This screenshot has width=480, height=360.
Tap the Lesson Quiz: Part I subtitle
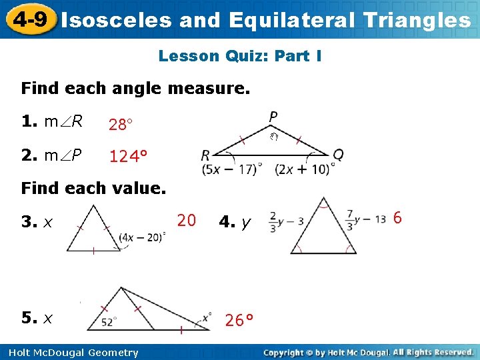240,56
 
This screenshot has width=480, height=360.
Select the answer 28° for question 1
122,125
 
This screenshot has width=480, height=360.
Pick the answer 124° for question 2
128,157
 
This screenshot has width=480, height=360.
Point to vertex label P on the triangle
273,117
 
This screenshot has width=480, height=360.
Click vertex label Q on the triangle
338,155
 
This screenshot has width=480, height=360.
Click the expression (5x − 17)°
233,169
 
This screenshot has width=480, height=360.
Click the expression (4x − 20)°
141,235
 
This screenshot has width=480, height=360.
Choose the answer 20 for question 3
187,220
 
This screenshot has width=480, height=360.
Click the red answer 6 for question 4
397,218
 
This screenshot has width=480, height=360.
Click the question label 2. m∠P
52,156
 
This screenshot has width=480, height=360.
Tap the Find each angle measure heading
135,88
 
